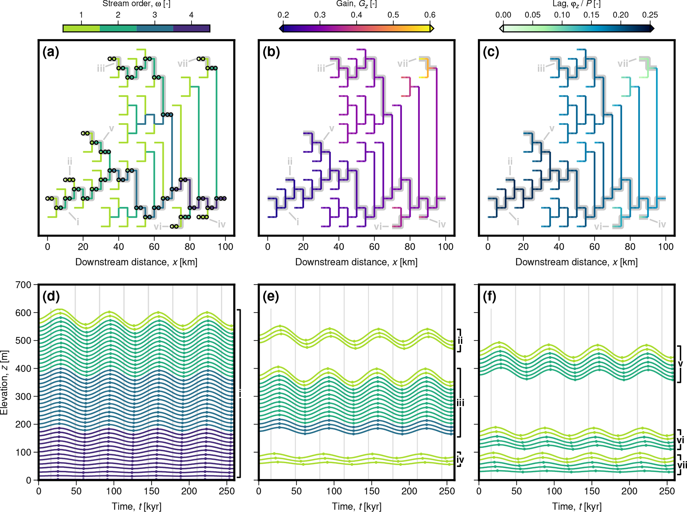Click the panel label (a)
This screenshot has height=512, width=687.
pos(51,52)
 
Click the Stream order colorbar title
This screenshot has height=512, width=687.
pos(136,4)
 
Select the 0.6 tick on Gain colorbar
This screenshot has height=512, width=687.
pos(430,15)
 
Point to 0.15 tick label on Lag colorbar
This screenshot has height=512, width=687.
pos(591,15)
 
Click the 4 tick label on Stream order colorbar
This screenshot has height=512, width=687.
pos(191,15)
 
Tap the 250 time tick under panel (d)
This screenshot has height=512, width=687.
pos(227,491)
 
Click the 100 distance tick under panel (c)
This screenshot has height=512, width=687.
pos(665,247)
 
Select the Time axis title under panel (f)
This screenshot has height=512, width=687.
pos(577,506)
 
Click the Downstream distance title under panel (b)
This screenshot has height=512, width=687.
pos(356,262)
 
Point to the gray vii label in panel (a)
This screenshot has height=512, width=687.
pos(182,63)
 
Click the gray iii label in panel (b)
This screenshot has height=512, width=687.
pos(321,68)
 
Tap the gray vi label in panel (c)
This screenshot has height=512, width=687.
pos(598,226)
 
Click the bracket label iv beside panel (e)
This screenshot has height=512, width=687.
pos(460,460)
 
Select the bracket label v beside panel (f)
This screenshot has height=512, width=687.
pos(680,364)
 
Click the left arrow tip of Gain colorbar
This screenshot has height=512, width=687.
pos(281,28)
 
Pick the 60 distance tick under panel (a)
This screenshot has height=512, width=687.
pos(154,247)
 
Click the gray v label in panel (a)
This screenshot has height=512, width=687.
pos(111,128)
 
